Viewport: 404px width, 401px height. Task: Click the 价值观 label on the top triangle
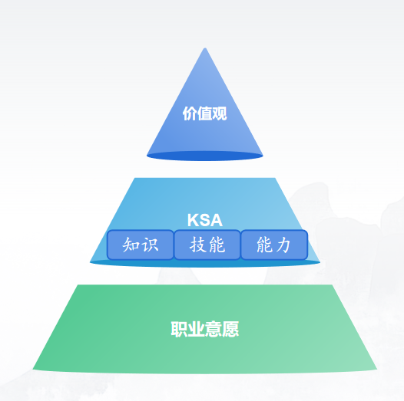tap(205, 113)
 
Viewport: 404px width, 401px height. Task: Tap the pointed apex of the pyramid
tap(205, 48)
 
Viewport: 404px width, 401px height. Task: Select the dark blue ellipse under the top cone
tap(205, 156)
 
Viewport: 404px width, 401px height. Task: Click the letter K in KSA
tap(193, 220)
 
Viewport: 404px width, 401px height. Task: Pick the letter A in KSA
tap(217, 220)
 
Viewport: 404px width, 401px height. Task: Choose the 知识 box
tap(141, 245)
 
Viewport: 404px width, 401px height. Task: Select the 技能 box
tap(207, 245)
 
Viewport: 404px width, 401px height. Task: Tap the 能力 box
tap(274, 245)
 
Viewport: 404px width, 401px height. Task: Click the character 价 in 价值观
tap(190, 113)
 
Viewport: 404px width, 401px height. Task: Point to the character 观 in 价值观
tap(220, 113)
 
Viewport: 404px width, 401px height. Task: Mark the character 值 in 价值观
tap(205, 113)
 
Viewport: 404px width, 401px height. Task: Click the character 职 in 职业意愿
tap(179, 329)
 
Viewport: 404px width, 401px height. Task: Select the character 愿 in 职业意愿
tap(230, 329)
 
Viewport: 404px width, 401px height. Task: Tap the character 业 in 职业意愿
tap(197, 329)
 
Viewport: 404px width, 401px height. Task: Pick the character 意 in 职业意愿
tap(214, 329)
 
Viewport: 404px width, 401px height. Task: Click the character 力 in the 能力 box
tap(283, 245)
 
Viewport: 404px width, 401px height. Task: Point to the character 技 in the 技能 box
tap(197, 245)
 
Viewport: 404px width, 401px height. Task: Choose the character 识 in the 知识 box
tap(151, 245)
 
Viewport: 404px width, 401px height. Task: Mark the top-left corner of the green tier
tap(78, 284)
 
